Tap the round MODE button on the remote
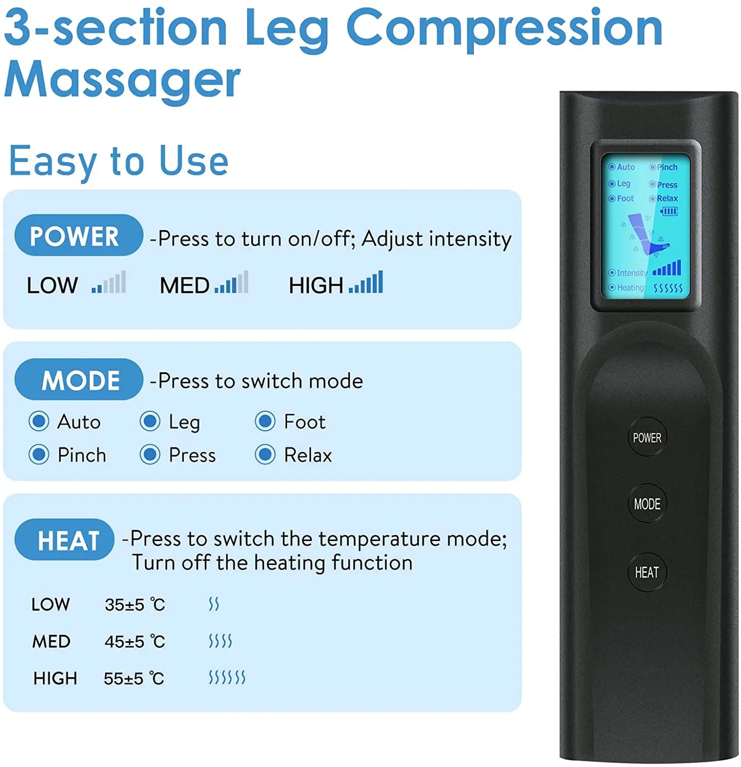click(647, 504)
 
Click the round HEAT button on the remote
click(647, 572)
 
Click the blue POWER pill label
click(78, 236)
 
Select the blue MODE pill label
click(78, 380)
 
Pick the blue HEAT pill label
click(65, 540)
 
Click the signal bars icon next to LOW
click(109, 283)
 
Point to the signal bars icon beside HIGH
click(366, 283)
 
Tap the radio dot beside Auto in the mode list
click(39, 421)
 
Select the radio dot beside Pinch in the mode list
click(39, 455)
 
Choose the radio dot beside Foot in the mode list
click(265, 421)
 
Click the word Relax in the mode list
click(308, 455)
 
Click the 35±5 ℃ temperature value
click(135, 605)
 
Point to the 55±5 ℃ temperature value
click(134, 679)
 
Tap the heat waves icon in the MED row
click(221, 641)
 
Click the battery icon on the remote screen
click(669, 211)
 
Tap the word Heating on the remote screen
click(630, 288)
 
